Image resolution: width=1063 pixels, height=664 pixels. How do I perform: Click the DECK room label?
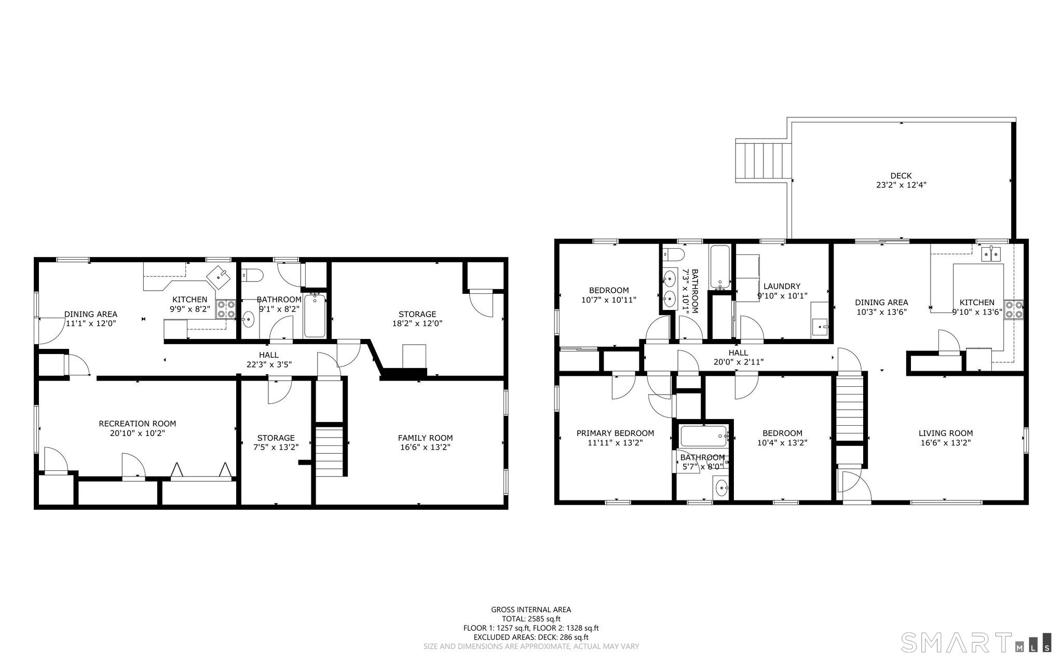tap(901, 175)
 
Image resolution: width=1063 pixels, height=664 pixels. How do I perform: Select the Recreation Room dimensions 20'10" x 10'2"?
tap(138, 433)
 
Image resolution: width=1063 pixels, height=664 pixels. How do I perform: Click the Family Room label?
tap(425, 438)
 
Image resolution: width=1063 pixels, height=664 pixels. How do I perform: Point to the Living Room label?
tap(945, 433)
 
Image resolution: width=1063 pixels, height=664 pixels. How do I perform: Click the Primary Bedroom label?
tap(615, 433)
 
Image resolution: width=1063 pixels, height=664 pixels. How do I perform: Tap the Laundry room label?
tap(782, 286)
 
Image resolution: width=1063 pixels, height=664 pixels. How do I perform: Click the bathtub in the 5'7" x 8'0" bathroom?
tap(703, 436)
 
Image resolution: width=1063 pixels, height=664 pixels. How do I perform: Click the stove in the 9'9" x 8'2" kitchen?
tap(226, 309)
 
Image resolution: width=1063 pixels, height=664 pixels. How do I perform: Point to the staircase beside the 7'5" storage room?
tap(330, 451)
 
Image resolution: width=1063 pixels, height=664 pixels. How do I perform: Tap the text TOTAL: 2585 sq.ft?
tap(531, 619)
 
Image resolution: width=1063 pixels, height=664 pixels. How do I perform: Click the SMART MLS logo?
tap(975, 642)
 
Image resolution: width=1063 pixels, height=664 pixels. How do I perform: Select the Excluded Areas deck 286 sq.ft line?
tap(531, 637)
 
